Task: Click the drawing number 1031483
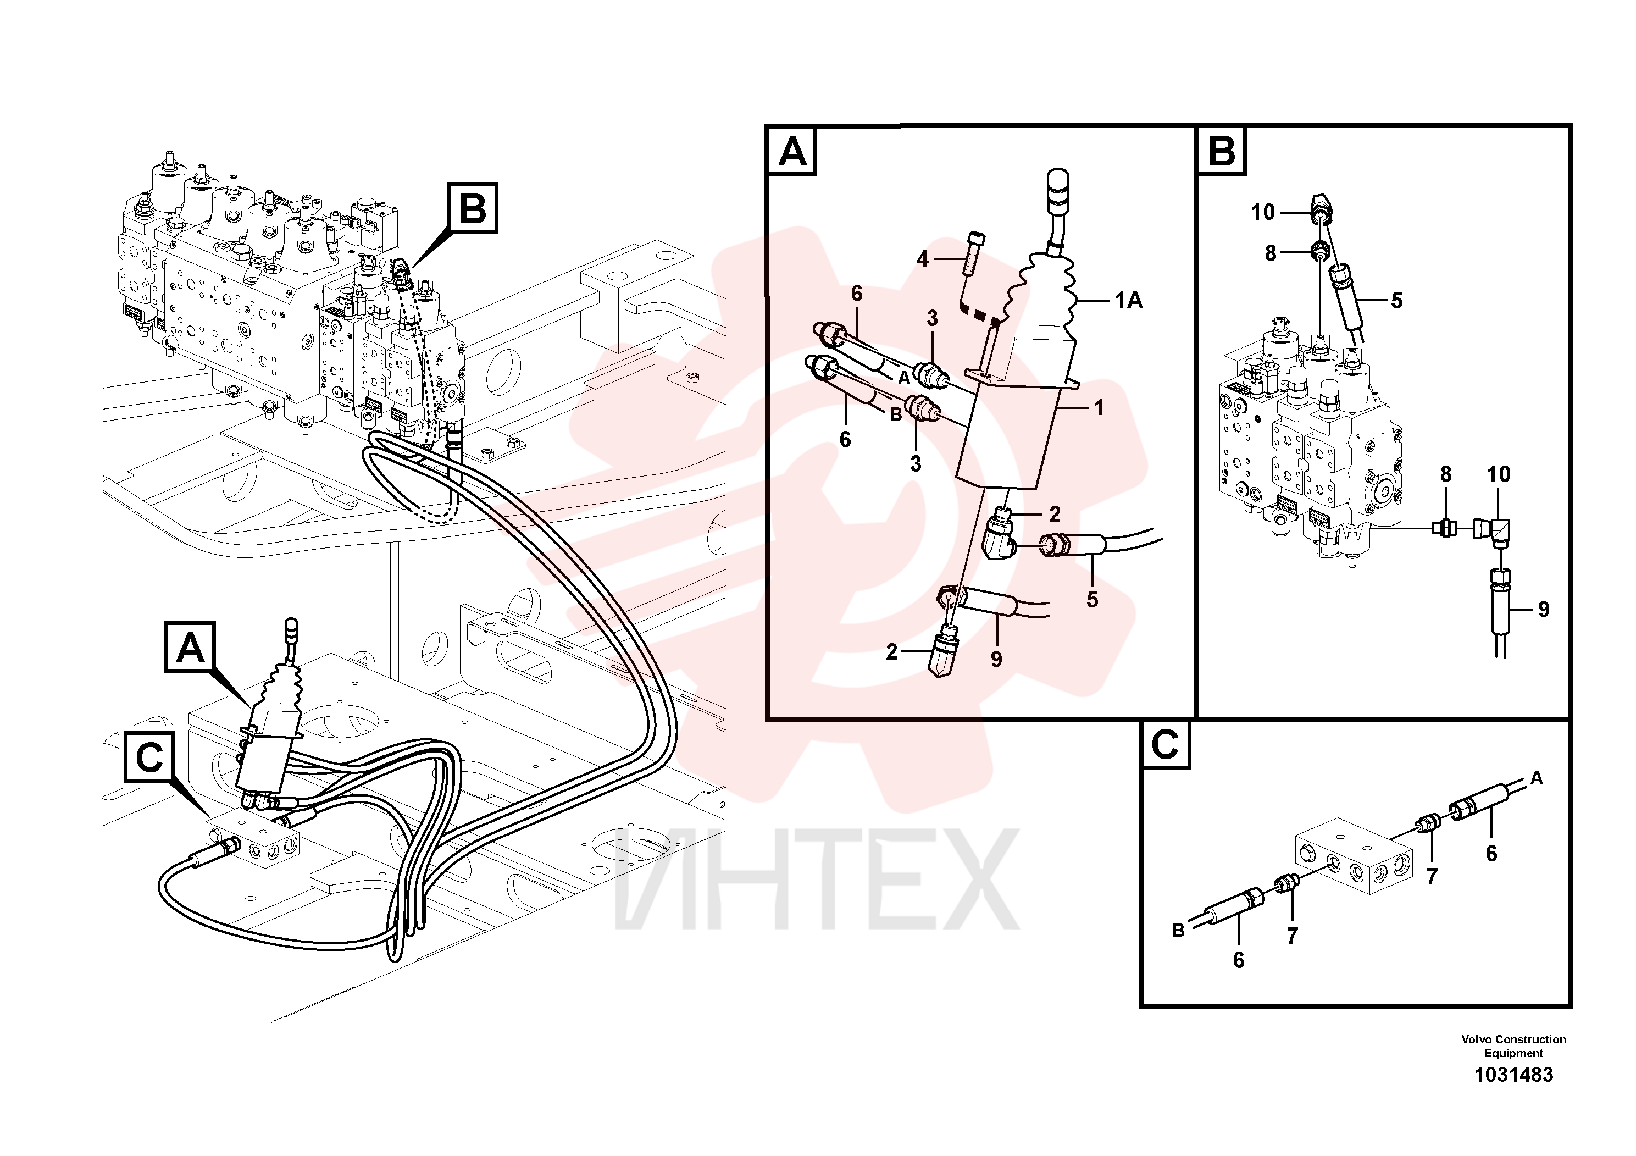click(1513, 1075)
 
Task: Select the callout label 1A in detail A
click(1129, 301)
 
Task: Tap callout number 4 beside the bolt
click(923, 259)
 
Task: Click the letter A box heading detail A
click(792, 152)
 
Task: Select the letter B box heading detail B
click(1222, 151)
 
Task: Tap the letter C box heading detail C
click(1165, 745)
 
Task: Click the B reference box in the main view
click(473, 208)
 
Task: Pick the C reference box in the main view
click(149, 757)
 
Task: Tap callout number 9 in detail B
click(1543, 610)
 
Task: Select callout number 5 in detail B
click(1396, 301)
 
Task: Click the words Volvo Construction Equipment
click(1513, 1046)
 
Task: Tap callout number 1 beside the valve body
click(1100, 408)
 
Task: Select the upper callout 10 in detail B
click(1263, 212)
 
